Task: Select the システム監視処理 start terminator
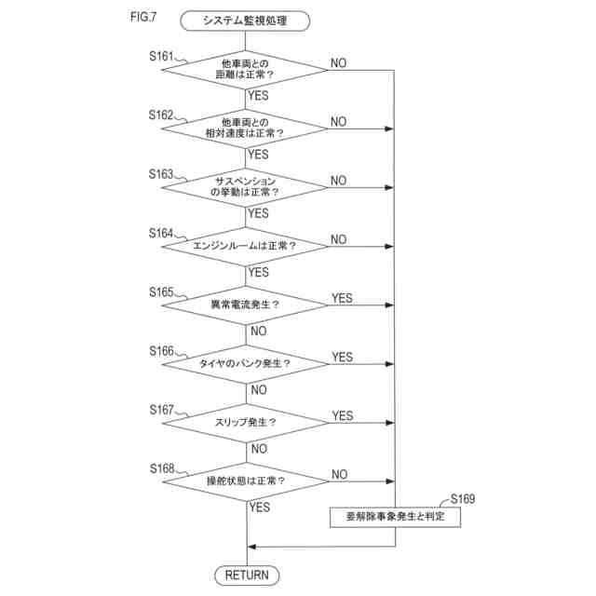tap(247, 19)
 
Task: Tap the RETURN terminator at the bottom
tap(247, 575)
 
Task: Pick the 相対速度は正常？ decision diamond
tap(247, 129)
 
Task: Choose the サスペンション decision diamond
tap(247, 187)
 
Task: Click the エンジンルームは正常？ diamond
tap(247, 246)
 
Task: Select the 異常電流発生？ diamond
tap(247, 305)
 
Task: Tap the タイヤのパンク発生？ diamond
tap(247, 363)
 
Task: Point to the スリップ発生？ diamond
tap(247, 422)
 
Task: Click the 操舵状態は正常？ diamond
tap(247, 481)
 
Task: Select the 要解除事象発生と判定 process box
tap(395, 516)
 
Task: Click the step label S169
tap(462, 499)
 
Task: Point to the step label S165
tap(161, 291)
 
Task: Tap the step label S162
tap(161, 115)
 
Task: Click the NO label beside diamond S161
tap(338, 62)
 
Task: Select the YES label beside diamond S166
tap(342, 357)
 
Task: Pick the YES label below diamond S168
tap(260, 508)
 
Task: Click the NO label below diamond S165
tap(259, 331)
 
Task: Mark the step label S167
tap(161, 409)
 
